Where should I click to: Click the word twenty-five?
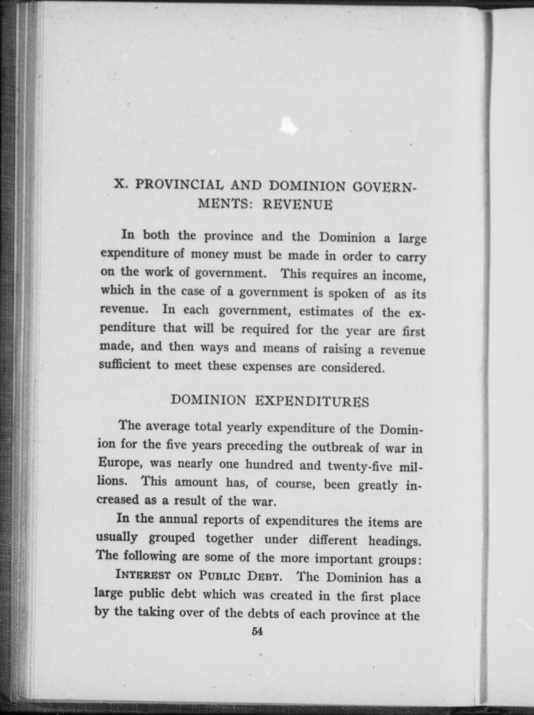pos(360,466)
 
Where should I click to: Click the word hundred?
pos(269,465)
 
